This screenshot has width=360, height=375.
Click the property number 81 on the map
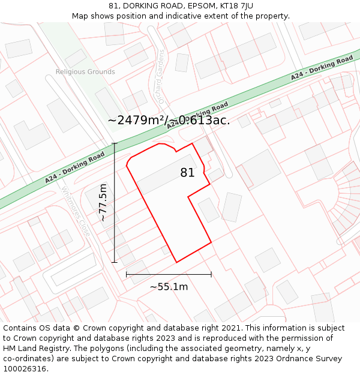(187, 173)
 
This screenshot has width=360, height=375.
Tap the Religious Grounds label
(85, 72)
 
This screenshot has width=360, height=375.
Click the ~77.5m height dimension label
(104, 203)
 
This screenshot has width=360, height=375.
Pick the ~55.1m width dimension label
(169, 287)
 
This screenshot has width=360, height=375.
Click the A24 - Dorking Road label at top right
(322, 68)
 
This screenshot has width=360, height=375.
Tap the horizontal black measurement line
(169, 274)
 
